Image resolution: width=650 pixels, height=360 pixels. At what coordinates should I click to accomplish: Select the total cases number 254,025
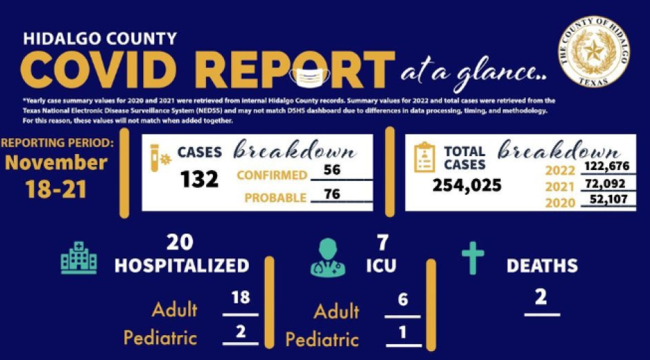pyautogui.click(x=467, y=185)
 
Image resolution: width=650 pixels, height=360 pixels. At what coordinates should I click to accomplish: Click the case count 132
pyautogui.click(x=200, y=179)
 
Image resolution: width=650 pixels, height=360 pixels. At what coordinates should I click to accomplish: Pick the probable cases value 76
pyautogui.click(x=332, y=194)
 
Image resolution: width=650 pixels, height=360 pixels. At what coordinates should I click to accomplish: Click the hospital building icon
pyautogui.click(x=78, y=258)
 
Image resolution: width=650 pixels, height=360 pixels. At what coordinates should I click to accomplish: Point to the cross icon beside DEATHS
pyautogui.click(x=473, y=258)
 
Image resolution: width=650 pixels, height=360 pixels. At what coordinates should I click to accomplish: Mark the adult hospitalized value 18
pyautogui.click(x=241, y=298)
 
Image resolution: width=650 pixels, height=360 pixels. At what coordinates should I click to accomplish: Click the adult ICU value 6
pyautogui.click(x=403, y=300)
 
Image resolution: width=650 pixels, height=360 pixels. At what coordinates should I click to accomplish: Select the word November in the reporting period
pyautogui.click(x=57, y=163)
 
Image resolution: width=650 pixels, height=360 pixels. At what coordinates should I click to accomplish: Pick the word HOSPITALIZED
pyautogui.click(x=182, y=265)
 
